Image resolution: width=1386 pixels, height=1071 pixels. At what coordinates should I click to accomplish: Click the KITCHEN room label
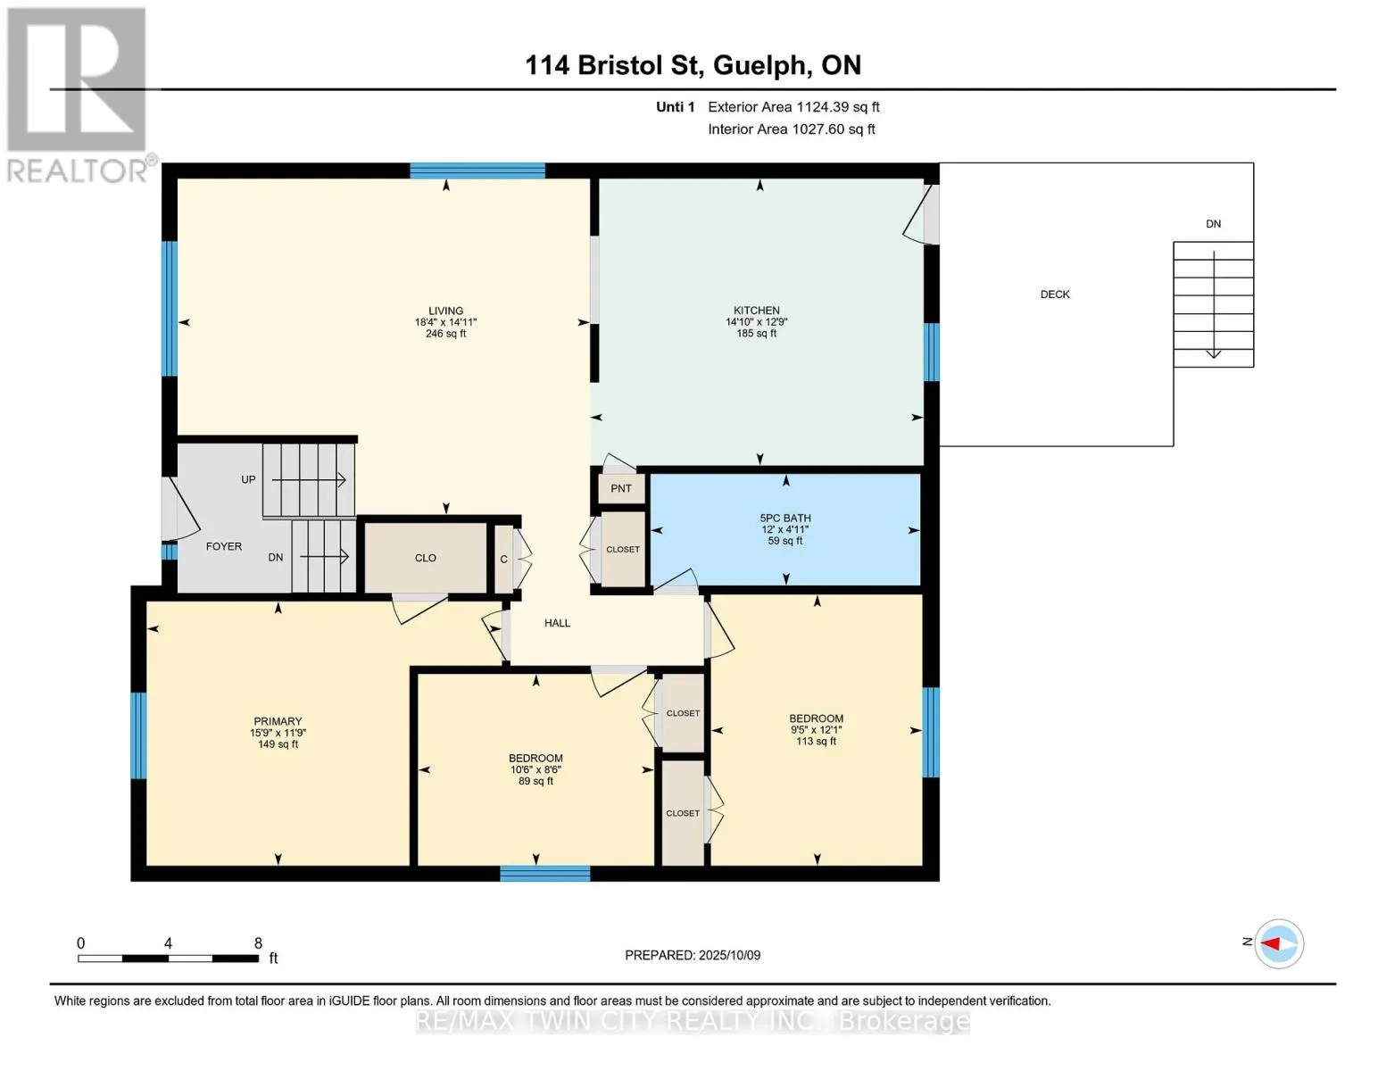[757, 310]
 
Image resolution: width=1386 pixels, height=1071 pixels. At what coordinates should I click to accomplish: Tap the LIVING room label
[446, 311]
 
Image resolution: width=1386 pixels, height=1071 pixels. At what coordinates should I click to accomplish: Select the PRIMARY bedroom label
[278, 721]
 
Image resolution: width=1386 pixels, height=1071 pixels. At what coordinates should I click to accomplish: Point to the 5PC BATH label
[785, 518]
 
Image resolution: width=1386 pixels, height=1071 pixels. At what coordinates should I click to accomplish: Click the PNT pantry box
[621, 488]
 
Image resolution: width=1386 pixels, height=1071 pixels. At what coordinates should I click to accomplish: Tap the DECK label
[1055, 294]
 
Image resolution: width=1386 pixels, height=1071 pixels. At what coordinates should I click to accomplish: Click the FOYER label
[224, 547]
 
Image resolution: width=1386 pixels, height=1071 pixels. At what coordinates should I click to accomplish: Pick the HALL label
[558, 623]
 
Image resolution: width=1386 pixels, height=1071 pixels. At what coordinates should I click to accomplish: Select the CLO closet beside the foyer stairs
[426, 558]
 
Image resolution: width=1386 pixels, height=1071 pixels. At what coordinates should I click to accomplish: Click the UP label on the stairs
[248, 479]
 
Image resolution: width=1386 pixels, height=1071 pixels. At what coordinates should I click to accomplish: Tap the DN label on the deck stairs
[1213, 224]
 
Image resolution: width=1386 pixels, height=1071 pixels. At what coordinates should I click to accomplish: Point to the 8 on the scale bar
[258, 942]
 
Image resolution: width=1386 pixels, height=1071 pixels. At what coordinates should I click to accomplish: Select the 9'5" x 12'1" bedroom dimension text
[817, 730]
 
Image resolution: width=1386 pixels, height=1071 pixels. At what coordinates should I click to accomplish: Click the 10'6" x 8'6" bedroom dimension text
[535, 770]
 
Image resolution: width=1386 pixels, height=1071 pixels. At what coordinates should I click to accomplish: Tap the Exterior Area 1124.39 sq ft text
[794, 107]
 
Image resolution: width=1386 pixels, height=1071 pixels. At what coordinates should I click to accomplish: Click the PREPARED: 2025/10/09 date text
[693, 955]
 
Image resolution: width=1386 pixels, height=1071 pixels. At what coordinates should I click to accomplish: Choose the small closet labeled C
[504, 559]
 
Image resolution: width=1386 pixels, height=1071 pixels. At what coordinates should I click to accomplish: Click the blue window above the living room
[477, 170]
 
